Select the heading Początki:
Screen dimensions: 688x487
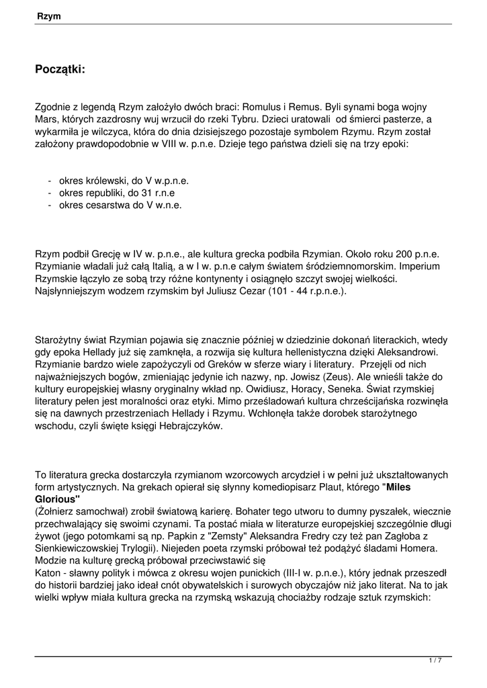pos(60,69)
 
